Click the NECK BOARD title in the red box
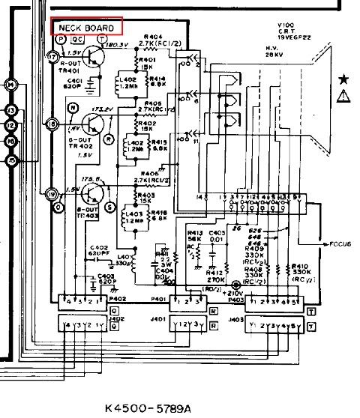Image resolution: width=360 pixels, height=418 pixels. (x=85, y=28)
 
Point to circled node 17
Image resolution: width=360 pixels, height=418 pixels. (x=52, y=57)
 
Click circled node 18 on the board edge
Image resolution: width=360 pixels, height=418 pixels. (x=52, y=124)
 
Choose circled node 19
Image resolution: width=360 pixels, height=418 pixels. (x=52, y=194)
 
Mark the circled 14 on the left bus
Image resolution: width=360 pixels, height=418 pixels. (x=11, y=85)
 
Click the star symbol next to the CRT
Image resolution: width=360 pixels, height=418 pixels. (x=343, y=78)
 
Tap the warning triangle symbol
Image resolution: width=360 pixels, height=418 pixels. (x=343, y=95)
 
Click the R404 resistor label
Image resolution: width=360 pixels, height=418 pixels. (x=153, y=36)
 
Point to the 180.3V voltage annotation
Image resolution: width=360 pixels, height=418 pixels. (x=118, y=45)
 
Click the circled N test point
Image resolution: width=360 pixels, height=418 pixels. (x=72, y=109)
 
